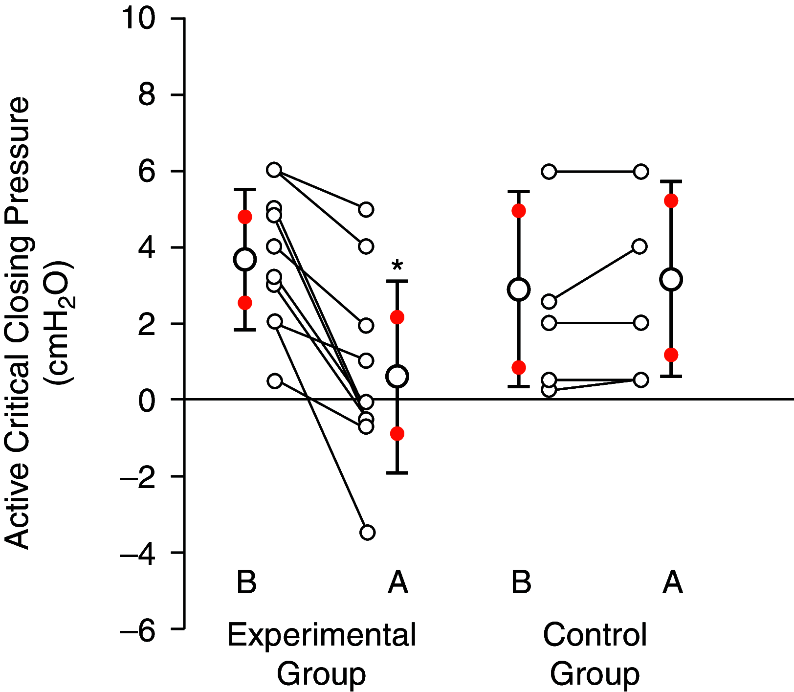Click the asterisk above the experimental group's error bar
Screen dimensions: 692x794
point(397,267)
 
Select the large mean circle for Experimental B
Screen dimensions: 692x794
point(245,259)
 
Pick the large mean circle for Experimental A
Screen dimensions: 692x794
point(397,377)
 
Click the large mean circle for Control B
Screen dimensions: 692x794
point(519,290)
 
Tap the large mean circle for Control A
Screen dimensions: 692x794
point(671,280)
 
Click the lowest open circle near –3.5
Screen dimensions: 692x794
point(367,532)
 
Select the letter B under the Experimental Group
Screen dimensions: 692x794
point(246,582)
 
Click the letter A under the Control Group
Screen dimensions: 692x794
point(672,582)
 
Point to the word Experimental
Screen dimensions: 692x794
point(321,635)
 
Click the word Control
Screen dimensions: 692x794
point(595,635)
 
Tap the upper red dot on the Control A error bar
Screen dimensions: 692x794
point(671,201)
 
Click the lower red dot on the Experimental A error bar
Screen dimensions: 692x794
point(397,433)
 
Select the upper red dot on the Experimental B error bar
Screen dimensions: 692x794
point(245,217)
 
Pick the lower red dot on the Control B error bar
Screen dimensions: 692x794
point(519,367)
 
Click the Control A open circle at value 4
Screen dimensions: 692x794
point(640,246)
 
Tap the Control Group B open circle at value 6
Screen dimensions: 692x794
point(549,172)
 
